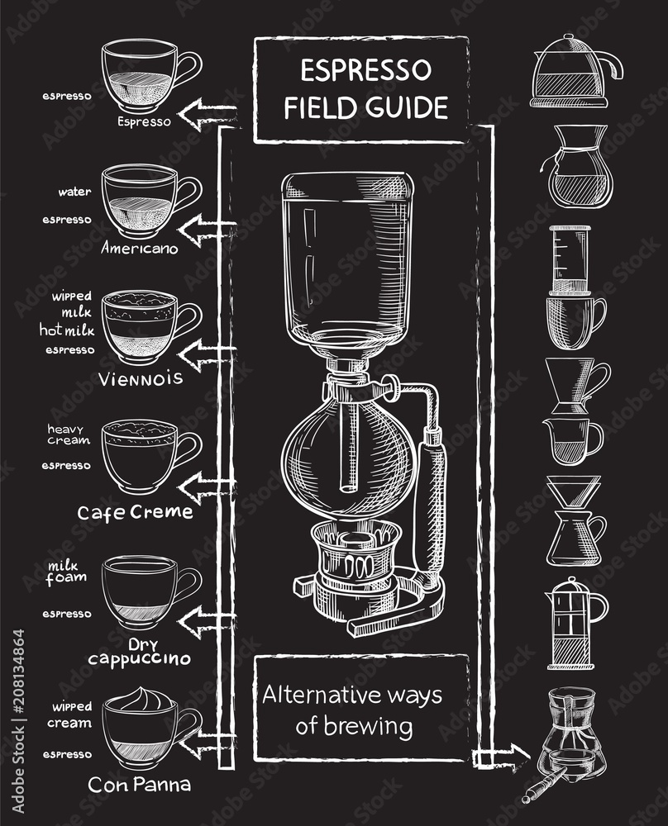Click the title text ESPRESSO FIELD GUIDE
coord(366,89)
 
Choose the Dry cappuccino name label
coord(139,651)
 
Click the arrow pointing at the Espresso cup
coord(203,114)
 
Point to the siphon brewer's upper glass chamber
coord(347,256)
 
